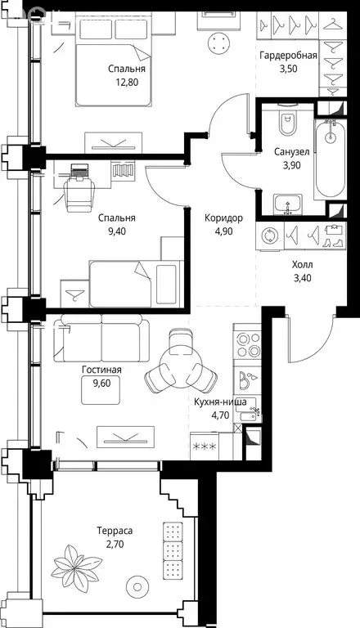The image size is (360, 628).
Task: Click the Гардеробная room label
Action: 288,56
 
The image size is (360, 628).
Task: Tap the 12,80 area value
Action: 126,82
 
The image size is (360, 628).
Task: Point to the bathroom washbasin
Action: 288,204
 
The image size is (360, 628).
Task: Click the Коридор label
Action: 223,218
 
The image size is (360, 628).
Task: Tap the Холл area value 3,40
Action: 302,277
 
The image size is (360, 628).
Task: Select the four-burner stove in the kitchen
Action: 247,345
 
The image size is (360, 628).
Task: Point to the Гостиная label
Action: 101,370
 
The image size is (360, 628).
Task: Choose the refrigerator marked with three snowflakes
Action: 205,446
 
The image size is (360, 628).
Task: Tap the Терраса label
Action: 115,532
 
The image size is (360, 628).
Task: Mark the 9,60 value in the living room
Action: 101,383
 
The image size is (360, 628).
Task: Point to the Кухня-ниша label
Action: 220,402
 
